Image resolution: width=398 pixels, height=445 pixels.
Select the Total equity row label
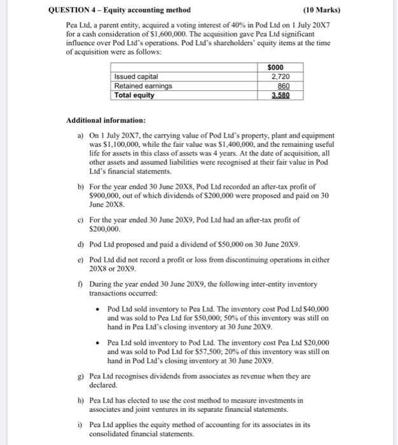pos(134,95)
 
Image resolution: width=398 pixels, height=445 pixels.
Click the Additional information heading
pos(106,120)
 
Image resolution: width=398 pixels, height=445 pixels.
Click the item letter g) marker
pos(79,376)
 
